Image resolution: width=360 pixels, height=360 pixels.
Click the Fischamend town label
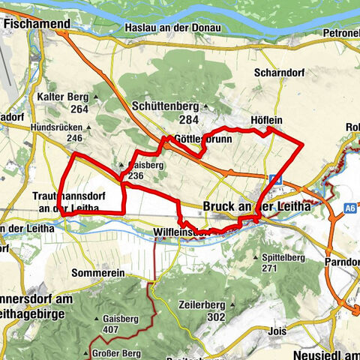point(37,24)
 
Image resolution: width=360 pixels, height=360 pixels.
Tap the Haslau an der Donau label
point(172,28)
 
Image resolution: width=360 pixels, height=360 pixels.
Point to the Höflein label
point(265,120)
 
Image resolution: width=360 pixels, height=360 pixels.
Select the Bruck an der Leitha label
point(258,205)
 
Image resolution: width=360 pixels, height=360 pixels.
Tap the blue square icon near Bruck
point(276,179)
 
